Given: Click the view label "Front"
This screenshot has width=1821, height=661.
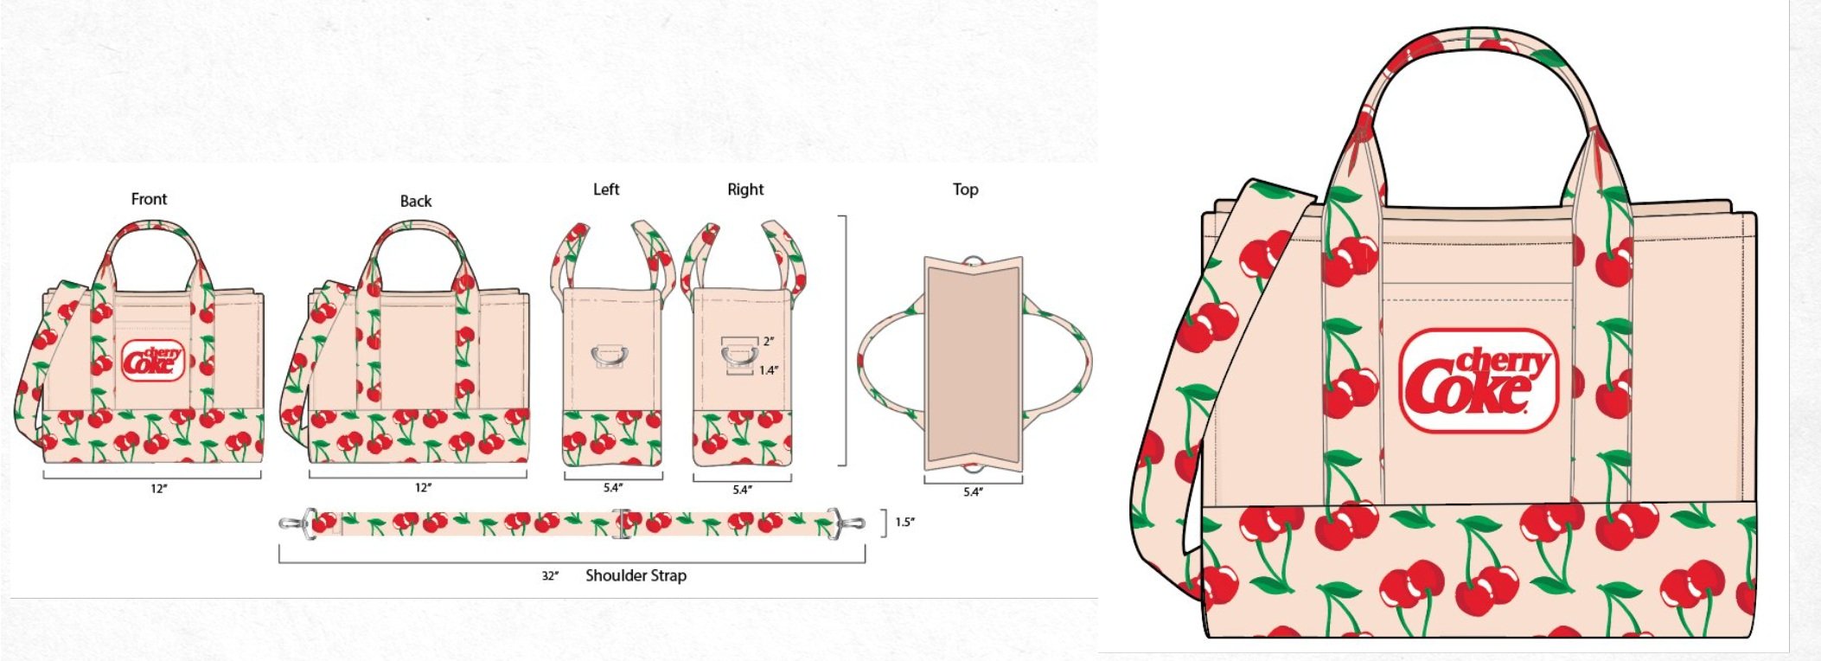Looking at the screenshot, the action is [149, 199].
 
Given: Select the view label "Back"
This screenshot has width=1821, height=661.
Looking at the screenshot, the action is [415, 201].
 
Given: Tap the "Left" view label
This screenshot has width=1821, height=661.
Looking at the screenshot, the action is [606, 189].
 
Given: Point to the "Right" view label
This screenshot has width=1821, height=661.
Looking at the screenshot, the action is [745, 189].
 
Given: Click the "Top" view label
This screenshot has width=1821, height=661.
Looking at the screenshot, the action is [965, 189].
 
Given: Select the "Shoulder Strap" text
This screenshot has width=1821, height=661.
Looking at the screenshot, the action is [636, 575].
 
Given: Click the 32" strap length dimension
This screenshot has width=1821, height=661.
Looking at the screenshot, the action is [550, 576].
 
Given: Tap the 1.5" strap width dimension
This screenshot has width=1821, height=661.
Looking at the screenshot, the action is [904, 523].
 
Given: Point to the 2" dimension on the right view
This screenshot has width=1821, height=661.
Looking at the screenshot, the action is [769, 342].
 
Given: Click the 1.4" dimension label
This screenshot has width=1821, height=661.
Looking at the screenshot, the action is [768, 370].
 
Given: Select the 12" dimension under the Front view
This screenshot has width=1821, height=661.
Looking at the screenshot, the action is [158, 489].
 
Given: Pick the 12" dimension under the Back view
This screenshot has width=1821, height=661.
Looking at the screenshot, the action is [423, 488].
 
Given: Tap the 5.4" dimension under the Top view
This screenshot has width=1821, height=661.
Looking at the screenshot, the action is [973, 492].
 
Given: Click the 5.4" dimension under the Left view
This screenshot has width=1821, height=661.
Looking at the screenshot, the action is [612, 488].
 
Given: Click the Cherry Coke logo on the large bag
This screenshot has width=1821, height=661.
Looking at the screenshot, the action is [1478, 381].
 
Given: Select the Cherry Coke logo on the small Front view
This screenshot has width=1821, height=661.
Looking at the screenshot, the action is [153, 361].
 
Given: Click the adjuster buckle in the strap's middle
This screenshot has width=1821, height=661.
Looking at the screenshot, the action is [620, 523].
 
